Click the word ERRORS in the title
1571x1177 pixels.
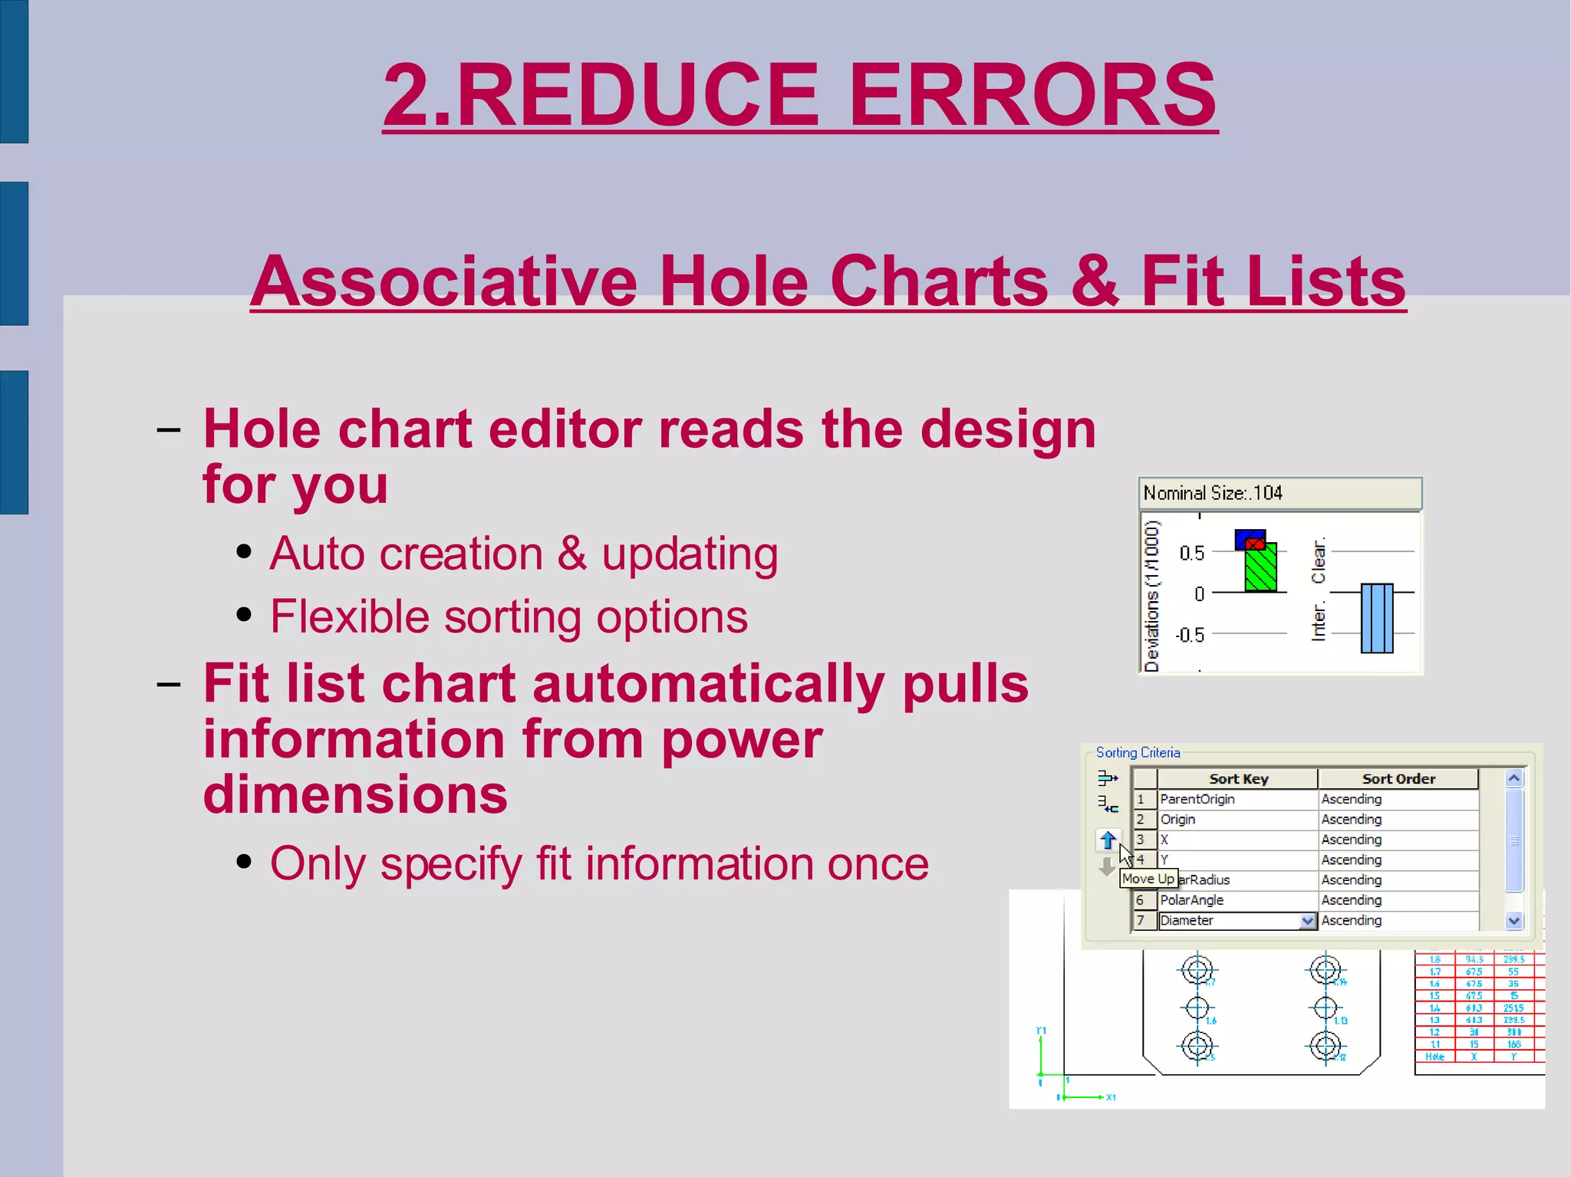[x=1033, y=96]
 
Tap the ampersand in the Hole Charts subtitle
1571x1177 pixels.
[x=1095, y=281]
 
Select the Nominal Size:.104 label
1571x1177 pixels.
[x=1212, y=493]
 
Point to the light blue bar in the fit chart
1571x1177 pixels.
[x=1377, y=618]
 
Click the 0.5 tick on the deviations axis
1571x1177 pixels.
[x=1192, y=553]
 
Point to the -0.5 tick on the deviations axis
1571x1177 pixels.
[x=1190, y=635]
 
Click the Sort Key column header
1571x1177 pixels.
[x=1238, y=779]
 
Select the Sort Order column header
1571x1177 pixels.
[x=1398, y=779]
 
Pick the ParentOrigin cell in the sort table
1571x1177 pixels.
[x=1197, y=799]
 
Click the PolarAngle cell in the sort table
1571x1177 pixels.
[x=1191, y=900]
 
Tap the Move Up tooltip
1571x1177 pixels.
[x=1148, y=879]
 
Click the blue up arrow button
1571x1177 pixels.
[x=1108, y=840]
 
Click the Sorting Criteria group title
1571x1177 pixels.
[x=1138, y=753]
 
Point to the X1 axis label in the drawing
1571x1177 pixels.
[x=1111, y=1097]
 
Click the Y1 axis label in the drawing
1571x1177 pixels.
[x=1041, y=1031]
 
